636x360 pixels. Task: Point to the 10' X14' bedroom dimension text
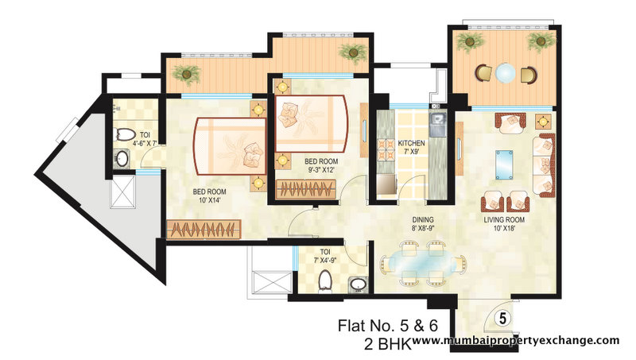click(211, 201)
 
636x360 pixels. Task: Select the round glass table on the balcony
click(506, 75)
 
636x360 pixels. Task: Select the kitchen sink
click(436, 122)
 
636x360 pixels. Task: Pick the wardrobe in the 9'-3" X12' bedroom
click(306, 190)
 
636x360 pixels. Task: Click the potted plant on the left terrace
click(188, 75)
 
